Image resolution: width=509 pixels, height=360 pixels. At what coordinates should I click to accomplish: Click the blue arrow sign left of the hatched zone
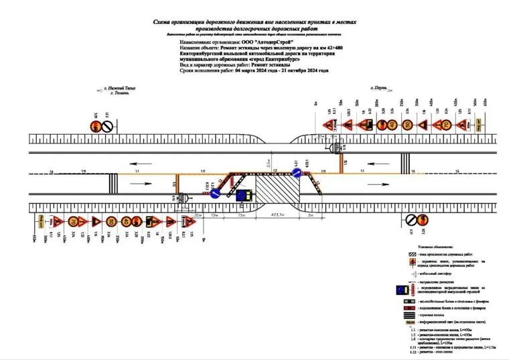[216, 193]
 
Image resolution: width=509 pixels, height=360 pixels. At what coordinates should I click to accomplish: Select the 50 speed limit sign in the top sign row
[406, 125]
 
